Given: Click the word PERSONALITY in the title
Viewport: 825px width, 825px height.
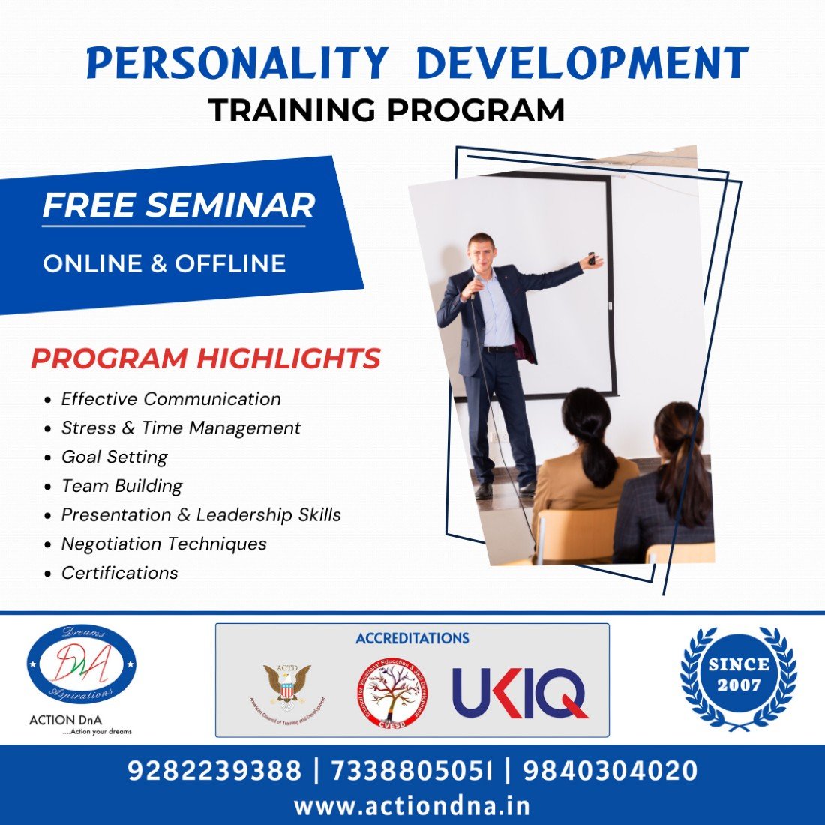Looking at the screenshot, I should pyautogui.click(x=237, y=64).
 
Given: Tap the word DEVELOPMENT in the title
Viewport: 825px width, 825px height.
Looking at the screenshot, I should pyautogui.click(x=582, y=64).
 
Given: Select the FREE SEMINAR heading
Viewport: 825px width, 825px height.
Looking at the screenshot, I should pyautogui.click(x=178, y=205).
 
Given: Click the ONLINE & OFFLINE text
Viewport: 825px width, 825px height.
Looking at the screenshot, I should pyautogui.click(x=164, y=263).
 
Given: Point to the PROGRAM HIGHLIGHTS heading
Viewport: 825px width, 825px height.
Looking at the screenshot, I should pyautogui.click(x=205, y=358).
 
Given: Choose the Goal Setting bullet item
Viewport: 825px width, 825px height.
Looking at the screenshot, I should pyautogui.click(x=114, y=457).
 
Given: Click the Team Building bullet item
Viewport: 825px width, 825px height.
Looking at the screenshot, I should pyautogui.click(x=121, y=486).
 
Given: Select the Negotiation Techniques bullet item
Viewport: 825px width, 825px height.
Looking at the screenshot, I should pyautogui.click(x=163, y=544).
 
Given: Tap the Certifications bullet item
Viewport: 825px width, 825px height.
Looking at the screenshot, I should pyautogui.click(x=119, y=573).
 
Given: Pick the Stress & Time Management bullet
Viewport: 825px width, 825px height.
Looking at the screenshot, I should pyautogui.click(x=181, y=427).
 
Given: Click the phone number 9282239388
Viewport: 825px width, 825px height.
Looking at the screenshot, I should pyautogui.click(x=214, y=771).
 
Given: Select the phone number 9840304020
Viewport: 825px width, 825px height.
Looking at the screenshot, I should pyautogui.click(x=610, y=771).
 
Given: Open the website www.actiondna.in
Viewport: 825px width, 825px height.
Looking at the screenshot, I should pyautogui.click(x=412, y=806).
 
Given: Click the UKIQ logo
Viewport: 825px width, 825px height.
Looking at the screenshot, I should pyautogui.click(x=520, y=694).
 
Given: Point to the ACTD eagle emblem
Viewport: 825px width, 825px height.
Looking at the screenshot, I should pyautogui.click(x=287, y=686).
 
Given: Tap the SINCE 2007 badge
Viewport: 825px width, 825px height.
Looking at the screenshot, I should pyautogui.click(x=738, y=675).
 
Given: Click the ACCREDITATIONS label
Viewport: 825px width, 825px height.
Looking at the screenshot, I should pyautogui.click(x=412, y=639).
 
